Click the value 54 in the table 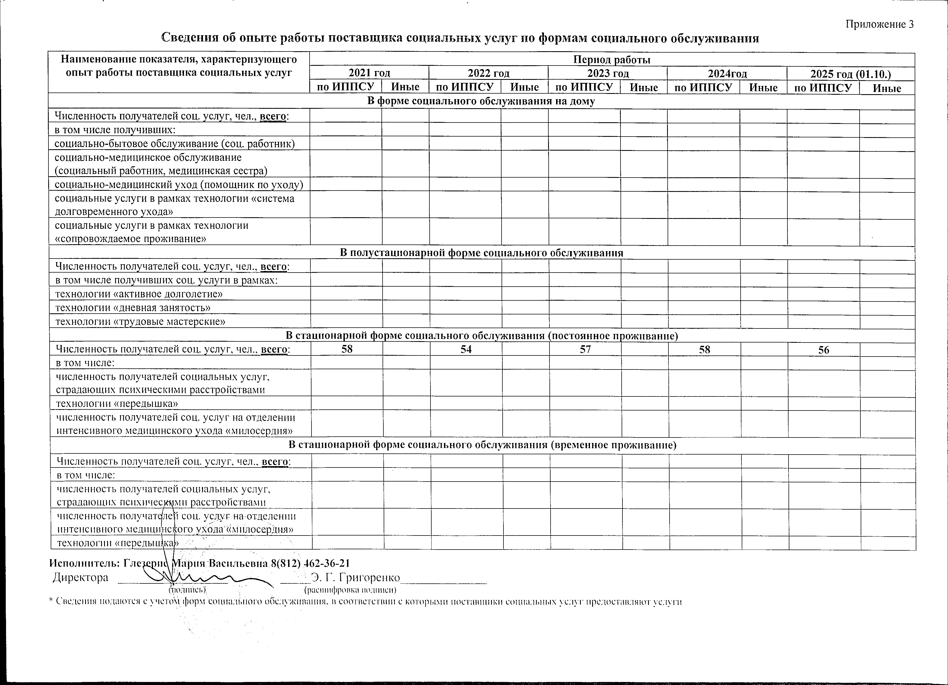click(x=466, y=349)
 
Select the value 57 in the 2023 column click(x=585, y=349)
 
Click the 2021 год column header click(x=370, y=73)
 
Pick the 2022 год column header click(x=489, y=74)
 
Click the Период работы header click(x=612, y=60)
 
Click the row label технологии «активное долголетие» click(x=139, y=294)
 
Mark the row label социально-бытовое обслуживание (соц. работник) click(x=175, y=144)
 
